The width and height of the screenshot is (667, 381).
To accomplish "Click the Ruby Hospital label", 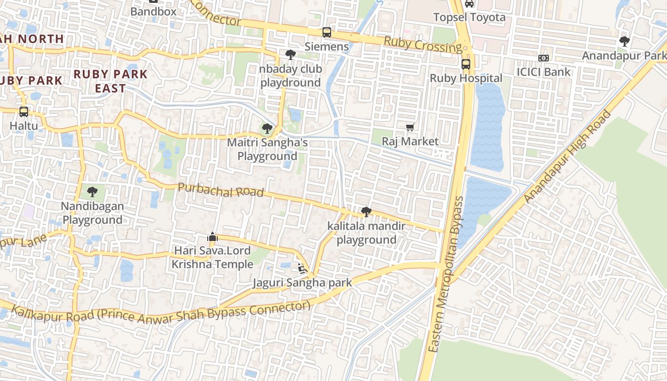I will point(466,78).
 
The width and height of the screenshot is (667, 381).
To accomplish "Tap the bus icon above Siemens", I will point(326,32).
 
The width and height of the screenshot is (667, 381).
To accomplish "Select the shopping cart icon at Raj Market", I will point(410,127).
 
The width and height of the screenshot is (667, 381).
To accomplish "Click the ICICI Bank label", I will point(544,72).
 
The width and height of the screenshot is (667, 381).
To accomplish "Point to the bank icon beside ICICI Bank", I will point(544,58).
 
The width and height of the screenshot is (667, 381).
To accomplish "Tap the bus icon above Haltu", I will point(23,112).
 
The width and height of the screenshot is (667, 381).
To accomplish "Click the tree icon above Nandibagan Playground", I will point(92,192).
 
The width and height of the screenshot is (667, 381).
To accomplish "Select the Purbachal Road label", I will point(221,190).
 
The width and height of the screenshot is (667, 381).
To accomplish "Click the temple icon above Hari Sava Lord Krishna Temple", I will point(212,236).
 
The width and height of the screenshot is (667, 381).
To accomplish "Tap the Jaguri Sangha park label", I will point(302,282).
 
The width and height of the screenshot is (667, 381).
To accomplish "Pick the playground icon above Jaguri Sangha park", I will point(302,268).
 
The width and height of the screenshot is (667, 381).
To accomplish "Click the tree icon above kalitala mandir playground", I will point(366,212).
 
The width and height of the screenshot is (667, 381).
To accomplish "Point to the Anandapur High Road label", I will point(567,157).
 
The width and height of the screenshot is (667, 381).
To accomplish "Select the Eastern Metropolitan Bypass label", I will point(446,274).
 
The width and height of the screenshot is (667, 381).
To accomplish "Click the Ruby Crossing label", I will point(423,45).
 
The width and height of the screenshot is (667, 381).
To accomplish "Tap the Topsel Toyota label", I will point(469,18).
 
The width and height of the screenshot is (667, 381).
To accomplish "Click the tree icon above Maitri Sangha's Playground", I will point(267,128).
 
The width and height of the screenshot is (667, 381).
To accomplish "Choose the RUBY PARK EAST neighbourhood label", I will point(111,81).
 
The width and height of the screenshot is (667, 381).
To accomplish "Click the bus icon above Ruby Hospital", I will point(465,64).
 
